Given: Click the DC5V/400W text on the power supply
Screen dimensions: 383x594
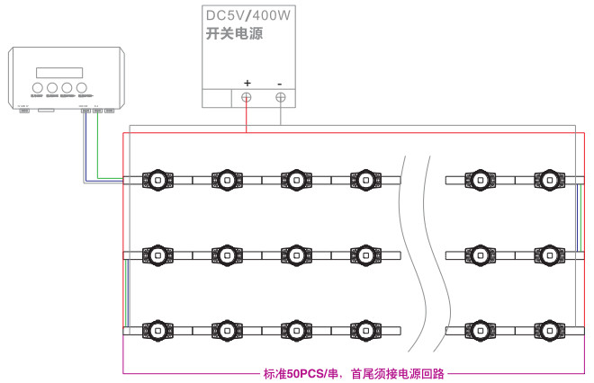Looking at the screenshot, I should (x=248, y=16).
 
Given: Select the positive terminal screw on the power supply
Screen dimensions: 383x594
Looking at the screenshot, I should (x=247, y=97).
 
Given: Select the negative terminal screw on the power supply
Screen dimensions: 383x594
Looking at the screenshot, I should (x=281, y=97).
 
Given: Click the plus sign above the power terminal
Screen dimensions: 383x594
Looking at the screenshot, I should (x=247, y=82).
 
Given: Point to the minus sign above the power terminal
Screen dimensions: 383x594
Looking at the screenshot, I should (x=280, y=82).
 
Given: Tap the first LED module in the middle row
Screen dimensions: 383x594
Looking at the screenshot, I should (x=157, y=255).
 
